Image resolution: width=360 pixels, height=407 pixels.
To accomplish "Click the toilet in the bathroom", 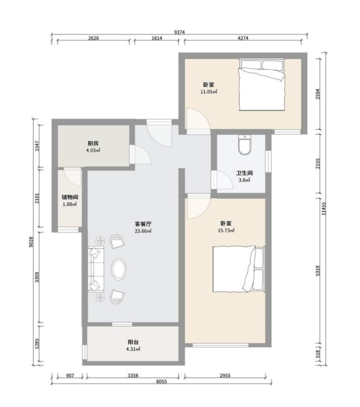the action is pyautogui.click(x=245, y=145).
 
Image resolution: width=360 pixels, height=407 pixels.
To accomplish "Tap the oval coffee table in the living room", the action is pyautogui.click(x=119, y=269).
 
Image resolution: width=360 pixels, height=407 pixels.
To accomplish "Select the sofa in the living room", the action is pyautogui.click(x=96, y=269).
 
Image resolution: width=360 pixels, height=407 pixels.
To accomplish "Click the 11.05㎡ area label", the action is pyautogui.click(x=209, y=92).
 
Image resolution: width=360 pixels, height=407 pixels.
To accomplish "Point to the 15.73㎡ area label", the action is pyautogui.click(x=226, y=230).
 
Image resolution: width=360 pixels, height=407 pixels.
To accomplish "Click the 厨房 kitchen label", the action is pyautogui.click(x=93, y=144).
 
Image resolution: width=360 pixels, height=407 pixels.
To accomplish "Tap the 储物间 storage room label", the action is pyautogui.click(x=70, y=197).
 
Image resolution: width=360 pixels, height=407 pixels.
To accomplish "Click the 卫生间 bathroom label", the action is pyautogui.click(x=245, y=173).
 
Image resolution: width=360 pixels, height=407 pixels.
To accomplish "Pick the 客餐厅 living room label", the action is pyautogui.click(x=143, y=224).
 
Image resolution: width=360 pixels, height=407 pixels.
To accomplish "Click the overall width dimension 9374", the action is pyautogui.click(x=180, y=32).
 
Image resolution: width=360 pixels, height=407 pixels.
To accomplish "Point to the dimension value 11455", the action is pyautogui.click(x=324, y=209).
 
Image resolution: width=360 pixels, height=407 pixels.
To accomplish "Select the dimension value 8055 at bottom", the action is pyautogui.click(x=161, y=381).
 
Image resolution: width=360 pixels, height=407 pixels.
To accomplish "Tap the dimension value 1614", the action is pyautogui.click(x=157, y=38).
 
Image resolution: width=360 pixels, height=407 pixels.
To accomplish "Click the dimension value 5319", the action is pyautogui.click(x=318, y=270).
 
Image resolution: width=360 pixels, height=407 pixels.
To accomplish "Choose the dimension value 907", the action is pyautogui.click(x=70, y=375).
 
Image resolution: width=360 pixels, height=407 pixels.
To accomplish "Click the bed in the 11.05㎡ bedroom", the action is pyautogui.click(x=262, y=85).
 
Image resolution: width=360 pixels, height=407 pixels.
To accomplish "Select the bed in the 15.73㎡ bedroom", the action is pyautogui.click(x=239, y=269).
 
